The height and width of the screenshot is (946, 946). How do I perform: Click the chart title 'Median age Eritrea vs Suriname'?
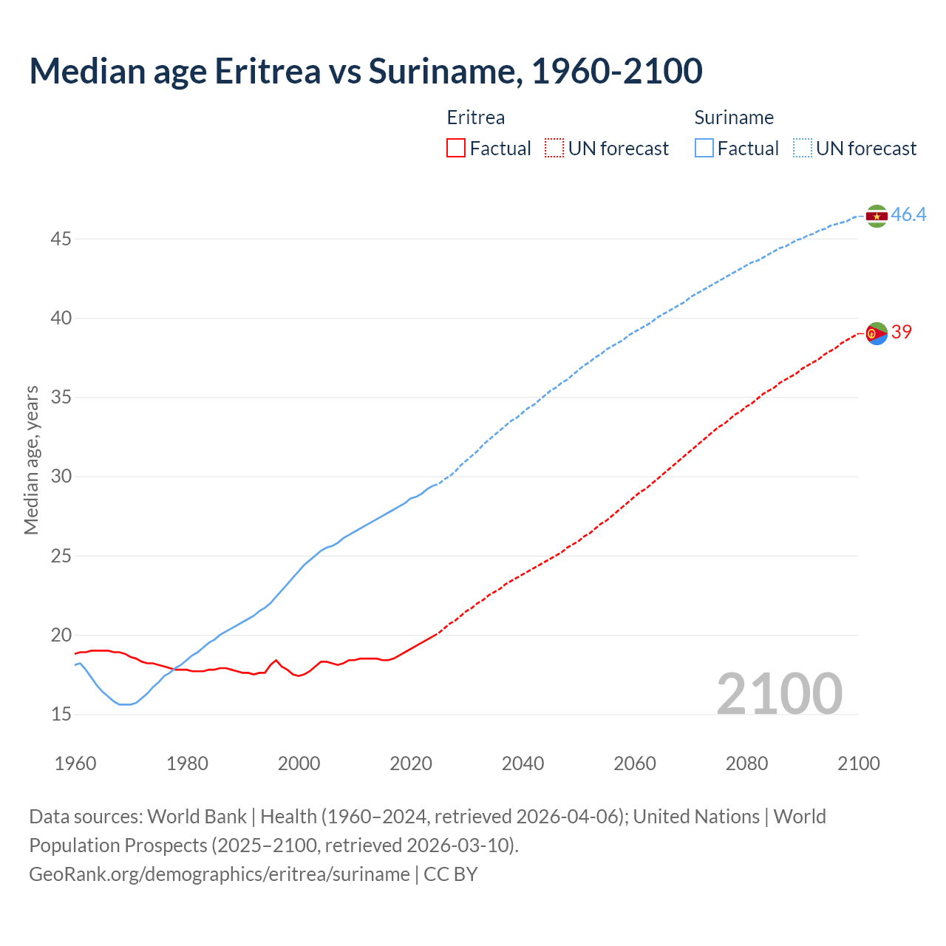365,71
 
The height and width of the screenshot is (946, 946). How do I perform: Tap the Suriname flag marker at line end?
877,216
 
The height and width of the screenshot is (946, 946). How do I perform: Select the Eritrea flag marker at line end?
877,334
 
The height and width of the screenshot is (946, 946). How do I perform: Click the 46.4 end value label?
908,215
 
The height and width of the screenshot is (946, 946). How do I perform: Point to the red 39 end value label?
901,333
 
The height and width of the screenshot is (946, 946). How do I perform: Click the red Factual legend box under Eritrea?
456,149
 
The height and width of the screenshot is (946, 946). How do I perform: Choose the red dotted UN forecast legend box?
554,149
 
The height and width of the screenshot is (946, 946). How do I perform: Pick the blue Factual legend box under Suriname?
704,149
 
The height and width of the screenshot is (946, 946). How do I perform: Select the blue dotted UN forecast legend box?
803,149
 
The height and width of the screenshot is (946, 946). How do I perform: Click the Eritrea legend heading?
476,118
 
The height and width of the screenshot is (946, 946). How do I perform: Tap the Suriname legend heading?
734,118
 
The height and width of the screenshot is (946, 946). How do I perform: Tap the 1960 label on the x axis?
75,763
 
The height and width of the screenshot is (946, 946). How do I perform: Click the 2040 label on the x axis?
523,763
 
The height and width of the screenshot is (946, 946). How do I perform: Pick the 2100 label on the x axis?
858,763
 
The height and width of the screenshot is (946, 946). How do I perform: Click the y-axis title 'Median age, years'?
31,460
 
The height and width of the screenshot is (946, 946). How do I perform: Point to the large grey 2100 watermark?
779,694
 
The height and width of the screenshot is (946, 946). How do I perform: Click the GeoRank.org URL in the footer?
219,874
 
